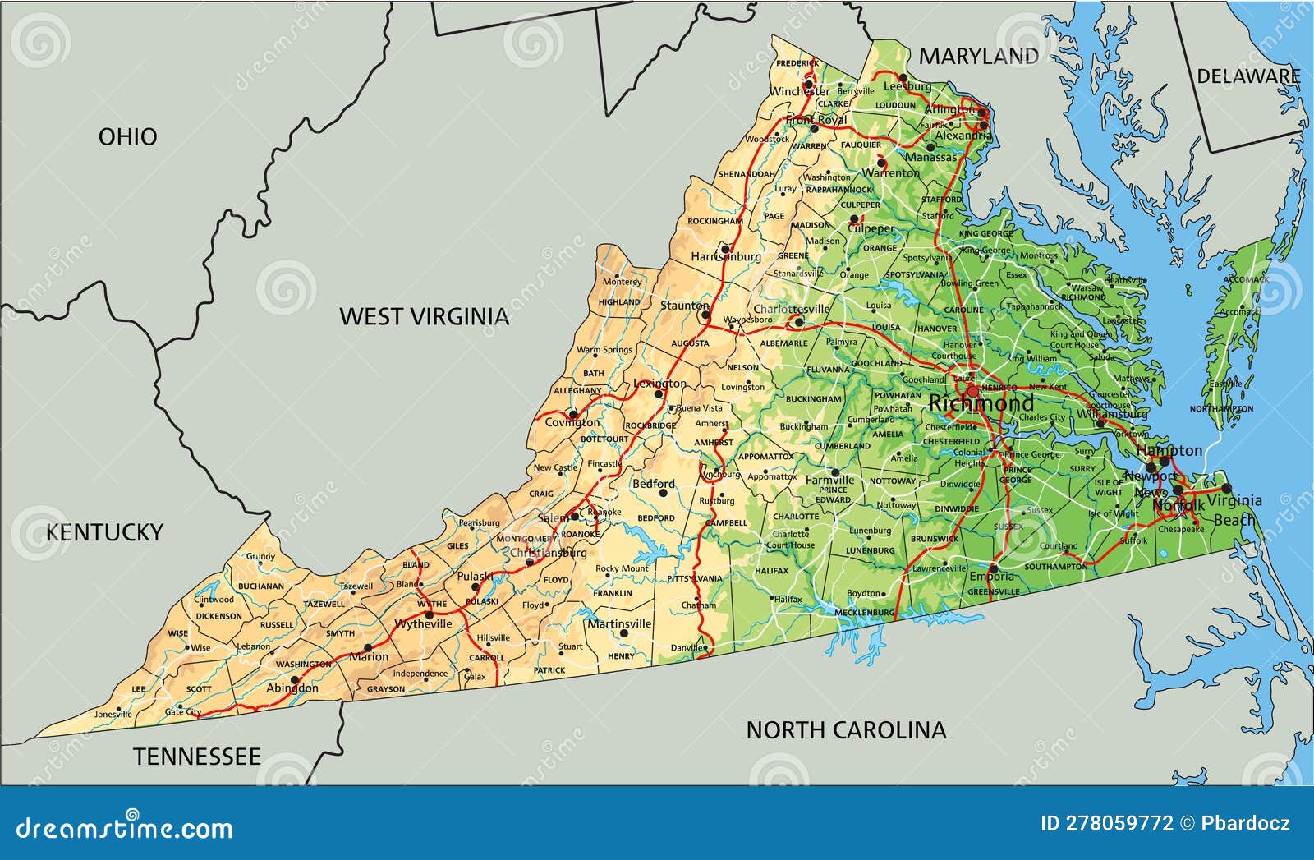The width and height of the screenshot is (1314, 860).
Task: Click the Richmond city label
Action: point(981,403)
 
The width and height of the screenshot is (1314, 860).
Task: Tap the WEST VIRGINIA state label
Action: point(425,316)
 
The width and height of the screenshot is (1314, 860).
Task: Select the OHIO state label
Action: point(127,136)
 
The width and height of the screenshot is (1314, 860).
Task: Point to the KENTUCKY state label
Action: point(104,532)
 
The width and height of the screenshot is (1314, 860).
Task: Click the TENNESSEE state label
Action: point(197,757)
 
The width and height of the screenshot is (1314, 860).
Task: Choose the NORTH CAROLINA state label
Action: point(846,729)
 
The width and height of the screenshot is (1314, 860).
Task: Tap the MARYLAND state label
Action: point(978,56)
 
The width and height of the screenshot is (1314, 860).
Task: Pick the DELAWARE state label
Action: point(1248,76)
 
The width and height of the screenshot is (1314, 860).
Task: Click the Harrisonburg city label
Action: point(726,257)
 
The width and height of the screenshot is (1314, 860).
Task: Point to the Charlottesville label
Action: point(792,310)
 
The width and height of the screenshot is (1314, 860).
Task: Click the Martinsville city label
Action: point(619,623)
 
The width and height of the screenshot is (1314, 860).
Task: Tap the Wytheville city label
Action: point(423,623)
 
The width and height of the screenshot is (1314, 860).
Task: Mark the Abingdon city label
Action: point(292,688)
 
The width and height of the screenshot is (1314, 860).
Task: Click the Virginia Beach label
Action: point(1234,509)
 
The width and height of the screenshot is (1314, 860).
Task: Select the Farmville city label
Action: point(829,480)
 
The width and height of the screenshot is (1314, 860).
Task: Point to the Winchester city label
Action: point(800,91)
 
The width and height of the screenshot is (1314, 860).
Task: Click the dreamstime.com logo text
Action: point(125,826)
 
